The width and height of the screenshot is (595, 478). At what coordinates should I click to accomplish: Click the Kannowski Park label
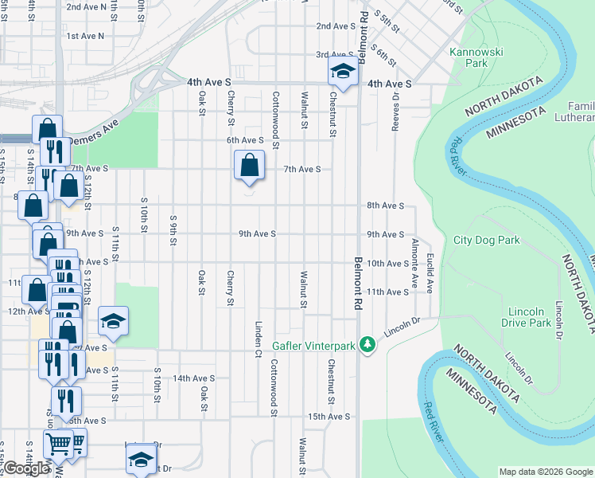(x=468, y=57)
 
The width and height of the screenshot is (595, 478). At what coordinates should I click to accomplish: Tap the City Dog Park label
(x=486, y=240)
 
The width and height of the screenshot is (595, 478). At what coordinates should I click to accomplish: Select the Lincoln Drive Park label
(x=527, y=317)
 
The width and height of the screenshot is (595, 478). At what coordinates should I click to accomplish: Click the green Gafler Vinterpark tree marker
(x=367, y=344)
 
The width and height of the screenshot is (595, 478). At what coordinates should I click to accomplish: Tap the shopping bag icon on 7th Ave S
(x=250, y=166)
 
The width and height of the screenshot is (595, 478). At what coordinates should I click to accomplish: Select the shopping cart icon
(x=59, y=445)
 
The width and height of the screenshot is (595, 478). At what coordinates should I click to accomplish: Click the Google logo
(x=25, y=468)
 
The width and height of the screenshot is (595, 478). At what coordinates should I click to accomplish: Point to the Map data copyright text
(x=545, y=472)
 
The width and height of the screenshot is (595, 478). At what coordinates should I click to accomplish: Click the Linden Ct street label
(x=259, y=338)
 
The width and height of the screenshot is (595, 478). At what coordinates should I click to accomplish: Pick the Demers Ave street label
(x=93, y=140)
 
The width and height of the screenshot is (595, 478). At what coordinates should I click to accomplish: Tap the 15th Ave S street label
(x=329, y=416)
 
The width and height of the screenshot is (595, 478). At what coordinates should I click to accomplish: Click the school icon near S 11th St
(x=114, y=321)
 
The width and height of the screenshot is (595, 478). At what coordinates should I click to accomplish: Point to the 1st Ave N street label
(x=85, y=36)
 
